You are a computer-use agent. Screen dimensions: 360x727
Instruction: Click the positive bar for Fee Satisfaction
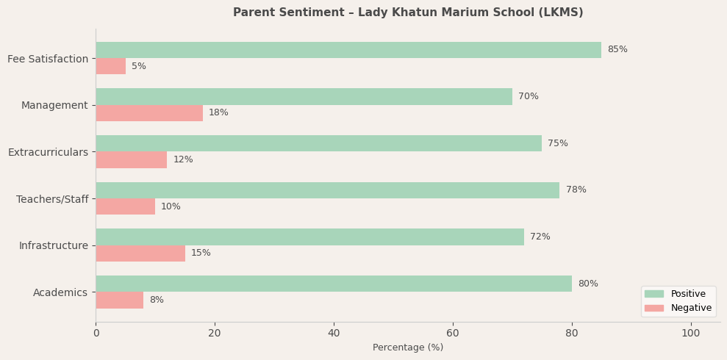[348, 50]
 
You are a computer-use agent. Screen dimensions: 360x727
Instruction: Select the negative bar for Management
[149, 113]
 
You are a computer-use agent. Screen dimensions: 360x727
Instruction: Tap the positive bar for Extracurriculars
[318, 143]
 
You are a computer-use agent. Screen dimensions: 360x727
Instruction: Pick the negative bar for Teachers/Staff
[125, 206]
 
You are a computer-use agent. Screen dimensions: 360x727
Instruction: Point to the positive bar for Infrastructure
[309, 237]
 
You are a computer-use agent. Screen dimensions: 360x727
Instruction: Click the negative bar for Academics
[119, 300]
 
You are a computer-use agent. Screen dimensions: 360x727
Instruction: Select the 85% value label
[617, 50]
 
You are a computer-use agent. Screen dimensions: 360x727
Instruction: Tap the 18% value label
[218, 113]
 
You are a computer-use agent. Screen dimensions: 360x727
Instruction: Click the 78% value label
[576, 190]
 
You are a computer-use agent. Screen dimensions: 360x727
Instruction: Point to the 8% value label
[157, 300]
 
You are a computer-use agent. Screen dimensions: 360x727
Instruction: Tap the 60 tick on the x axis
[453, 333]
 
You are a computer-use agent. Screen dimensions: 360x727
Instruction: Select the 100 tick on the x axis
[691, 333]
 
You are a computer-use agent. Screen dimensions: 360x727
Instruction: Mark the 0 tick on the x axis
[96, 333]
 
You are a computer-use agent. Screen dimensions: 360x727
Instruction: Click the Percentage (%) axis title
[408, 348]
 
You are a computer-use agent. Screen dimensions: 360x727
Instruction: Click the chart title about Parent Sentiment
[408, 12]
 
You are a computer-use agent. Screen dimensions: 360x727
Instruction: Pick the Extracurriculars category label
[48, 152]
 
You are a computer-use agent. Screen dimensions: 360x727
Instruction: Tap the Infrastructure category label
[53, 245]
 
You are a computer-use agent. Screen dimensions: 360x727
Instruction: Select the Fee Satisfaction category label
[48, 59]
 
